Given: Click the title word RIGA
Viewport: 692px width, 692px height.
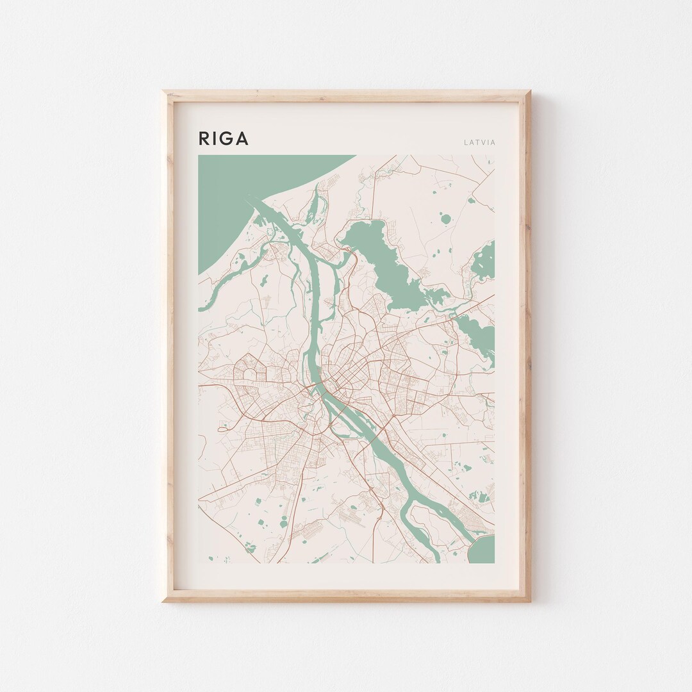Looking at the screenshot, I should [x=223, y=138].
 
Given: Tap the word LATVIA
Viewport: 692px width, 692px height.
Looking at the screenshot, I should [x=479, y=142].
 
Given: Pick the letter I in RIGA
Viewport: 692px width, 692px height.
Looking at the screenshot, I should [x=214, y=138].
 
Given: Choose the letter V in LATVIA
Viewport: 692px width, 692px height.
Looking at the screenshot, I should [x=482, y=142].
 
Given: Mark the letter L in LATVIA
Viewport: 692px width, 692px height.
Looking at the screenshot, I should [x=466, y=142].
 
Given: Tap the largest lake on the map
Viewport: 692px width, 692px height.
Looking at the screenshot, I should [x=384, y=263].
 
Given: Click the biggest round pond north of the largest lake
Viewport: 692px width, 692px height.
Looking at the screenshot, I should [x=446, y=219].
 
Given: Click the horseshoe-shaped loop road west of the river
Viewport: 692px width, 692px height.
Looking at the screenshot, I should [x=247, y=372].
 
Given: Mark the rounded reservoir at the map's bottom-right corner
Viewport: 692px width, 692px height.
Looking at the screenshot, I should [x=484, y=550].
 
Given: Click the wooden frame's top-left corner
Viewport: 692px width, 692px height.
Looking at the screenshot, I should [x=165, y=92].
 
